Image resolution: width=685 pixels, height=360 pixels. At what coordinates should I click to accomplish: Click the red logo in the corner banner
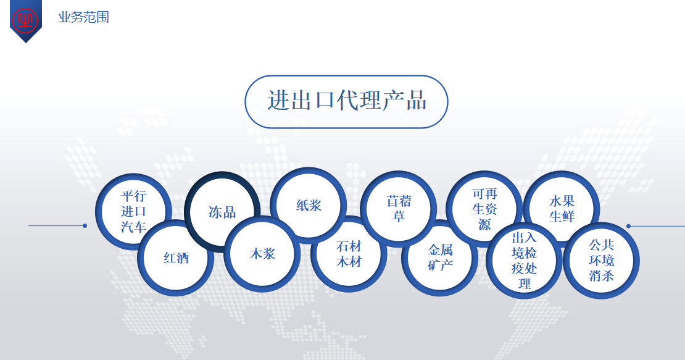point(25,19)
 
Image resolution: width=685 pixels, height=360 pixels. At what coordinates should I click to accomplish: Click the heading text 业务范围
point(83,17)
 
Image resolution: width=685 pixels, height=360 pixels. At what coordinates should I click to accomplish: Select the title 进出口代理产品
point(346,101)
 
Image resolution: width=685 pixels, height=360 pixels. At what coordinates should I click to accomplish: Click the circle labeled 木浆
point(262,253)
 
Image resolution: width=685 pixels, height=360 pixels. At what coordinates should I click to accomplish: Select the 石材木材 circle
point(349,254)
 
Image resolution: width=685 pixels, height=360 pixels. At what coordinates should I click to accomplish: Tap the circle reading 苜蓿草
point(399,208)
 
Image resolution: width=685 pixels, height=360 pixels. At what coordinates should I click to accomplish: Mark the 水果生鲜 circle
point(562,208)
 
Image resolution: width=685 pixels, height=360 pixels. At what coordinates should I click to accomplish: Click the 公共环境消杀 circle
point(601,261)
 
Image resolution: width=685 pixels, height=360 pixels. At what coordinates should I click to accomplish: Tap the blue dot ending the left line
point(85,226)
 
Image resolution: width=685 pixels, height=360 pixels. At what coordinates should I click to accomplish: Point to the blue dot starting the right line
point(628,226)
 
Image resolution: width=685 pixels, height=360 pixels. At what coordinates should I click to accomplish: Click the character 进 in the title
point(278,101)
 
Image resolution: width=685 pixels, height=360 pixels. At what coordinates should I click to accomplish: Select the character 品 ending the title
point(416,101)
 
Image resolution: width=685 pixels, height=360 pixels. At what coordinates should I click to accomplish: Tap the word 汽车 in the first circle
point(133,227)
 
